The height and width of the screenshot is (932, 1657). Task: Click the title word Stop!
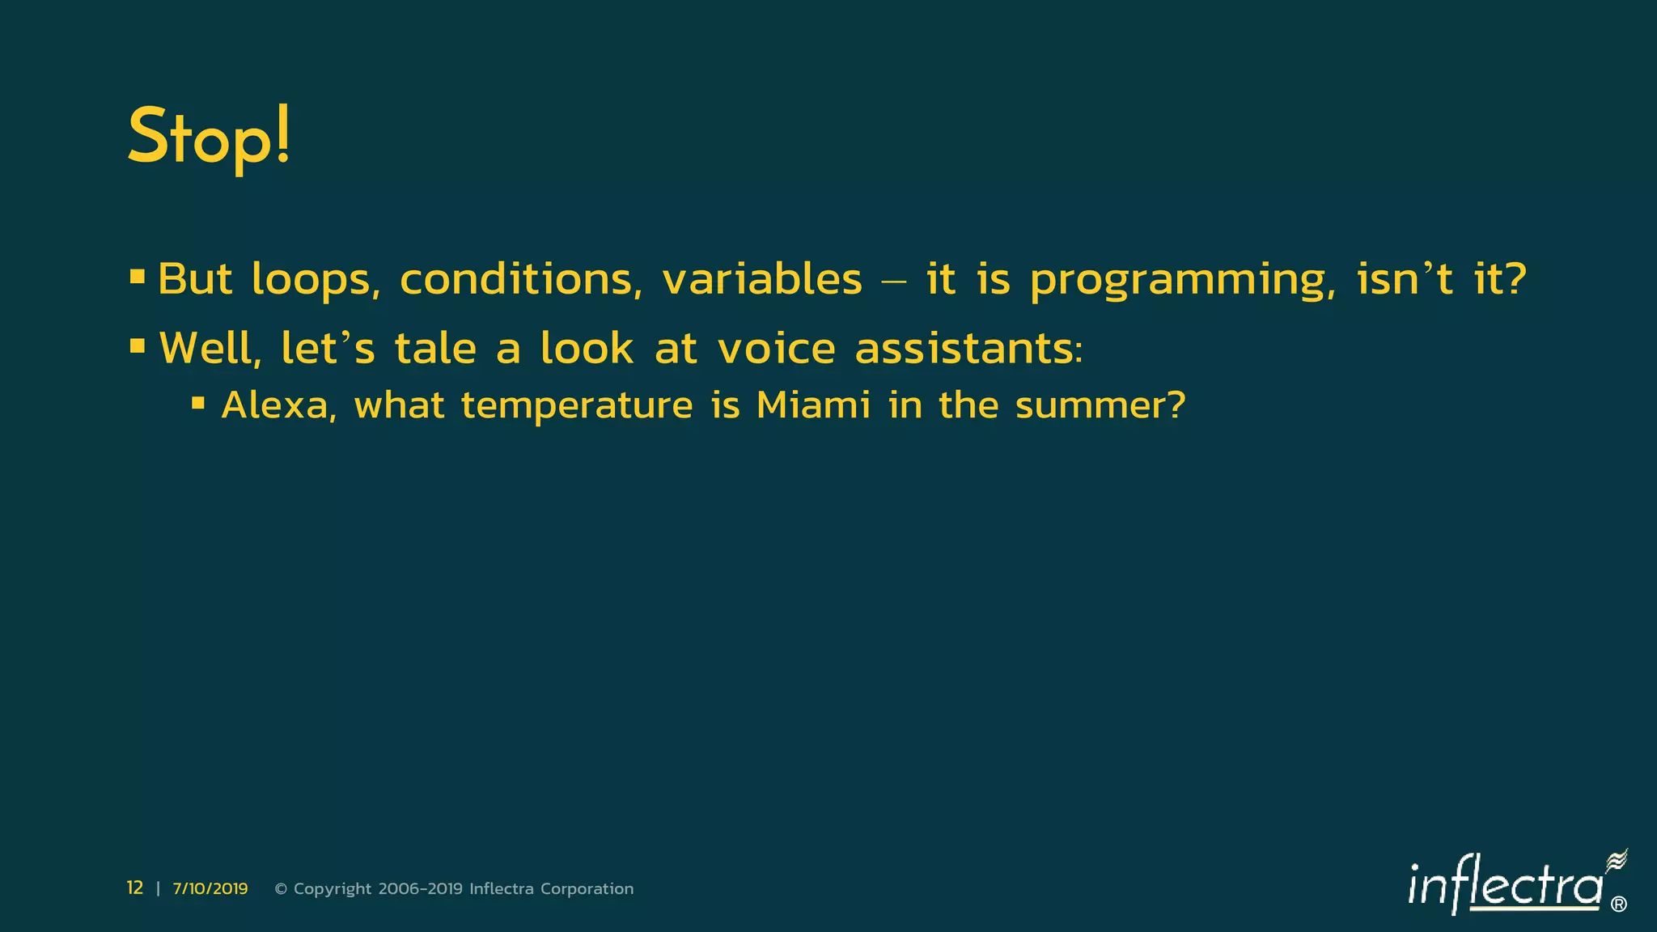(209, 138)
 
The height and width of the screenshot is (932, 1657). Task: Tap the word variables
(762, 280)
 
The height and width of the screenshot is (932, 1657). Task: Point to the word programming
(1183, 280)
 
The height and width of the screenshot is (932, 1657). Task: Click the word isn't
(1405, 280)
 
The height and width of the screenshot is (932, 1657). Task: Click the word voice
(777, 349)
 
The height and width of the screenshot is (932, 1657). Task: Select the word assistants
(968, 349)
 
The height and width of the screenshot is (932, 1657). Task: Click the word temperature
(577, 405)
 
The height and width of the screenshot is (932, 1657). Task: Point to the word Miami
(813, 405)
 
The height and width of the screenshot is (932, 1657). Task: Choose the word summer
(1100, 405)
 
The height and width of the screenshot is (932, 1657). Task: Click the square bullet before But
(138, 277)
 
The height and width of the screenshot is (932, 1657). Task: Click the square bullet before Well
(138, 346)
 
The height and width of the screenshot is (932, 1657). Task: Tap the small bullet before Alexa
(198, 402)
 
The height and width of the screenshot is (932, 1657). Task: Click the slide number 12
(135, 888)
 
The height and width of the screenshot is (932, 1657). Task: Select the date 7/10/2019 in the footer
(210, 889)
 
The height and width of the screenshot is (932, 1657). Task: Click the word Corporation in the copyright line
(587, 889)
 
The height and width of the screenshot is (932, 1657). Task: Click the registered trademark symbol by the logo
(1618, 904)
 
